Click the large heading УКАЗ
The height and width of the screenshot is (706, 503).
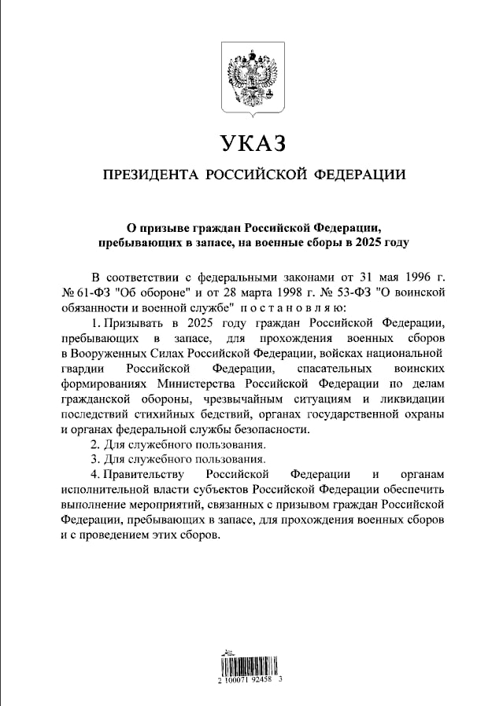pos(251,144)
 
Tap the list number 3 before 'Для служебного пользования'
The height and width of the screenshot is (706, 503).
pos(94,458)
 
